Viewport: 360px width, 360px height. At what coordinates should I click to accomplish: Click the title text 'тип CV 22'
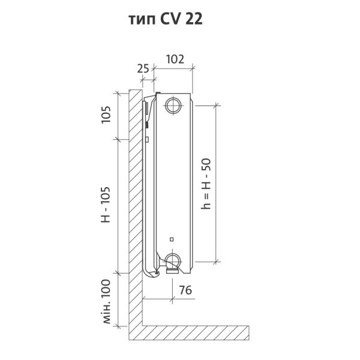click(166, 19)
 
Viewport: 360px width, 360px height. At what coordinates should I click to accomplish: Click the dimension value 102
click(175, 59)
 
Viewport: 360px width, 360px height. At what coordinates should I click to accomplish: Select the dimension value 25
click(143, 68)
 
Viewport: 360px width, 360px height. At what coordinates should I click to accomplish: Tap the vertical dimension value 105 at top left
click(106, 115)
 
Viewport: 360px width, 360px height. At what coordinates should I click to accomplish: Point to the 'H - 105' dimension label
click(106, 205)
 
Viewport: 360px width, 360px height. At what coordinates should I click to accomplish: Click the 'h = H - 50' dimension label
click(206, 184)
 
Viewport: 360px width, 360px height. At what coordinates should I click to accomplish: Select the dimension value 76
click(185, 290)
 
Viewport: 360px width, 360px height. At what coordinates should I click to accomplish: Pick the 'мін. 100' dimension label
click(106, 301)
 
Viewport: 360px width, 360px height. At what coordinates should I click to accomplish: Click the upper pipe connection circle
click(173, 106)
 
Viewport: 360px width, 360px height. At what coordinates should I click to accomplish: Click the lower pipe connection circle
click(173, 261)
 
